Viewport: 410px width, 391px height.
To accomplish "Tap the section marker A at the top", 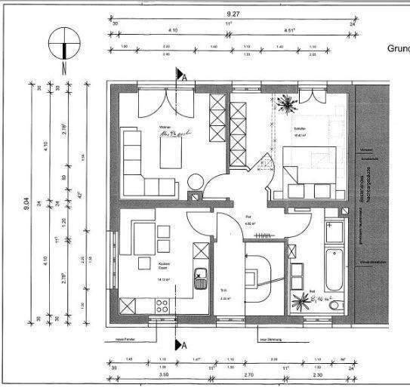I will pos(181,75).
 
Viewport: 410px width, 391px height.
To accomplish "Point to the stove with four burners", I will pos(161,306).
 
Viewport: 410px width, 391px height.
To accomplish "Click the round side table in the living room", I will pos(194,182).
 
